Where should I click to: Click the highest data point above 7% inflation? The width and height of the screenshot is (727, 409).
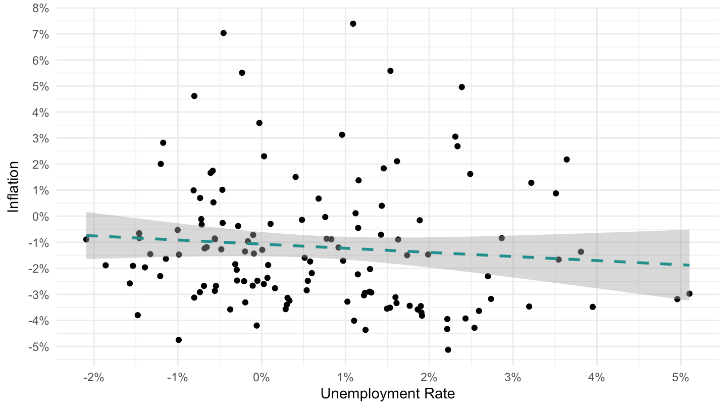(353, 24)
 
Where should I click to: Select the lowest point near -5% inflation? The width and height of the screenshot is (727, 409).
(448, 349)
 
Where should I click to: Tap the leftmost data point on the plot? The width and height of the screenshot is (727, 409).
(86, 239)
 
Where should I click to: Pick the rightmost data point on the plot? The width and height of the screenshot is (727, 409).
(689, 293)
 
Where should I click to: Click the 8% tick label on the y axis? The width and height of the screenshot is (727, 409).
(40, 9)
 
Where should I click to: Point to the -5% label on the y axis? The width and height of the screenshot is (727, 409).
(38, 347)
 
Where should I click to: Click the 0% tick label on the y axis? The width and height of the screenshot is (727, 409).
(40, 217)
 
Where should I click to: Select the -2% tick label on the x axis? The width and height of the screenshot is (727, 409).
(93, 378)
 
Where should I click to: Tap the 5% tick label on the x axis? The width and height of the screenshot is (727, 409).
(681, 378)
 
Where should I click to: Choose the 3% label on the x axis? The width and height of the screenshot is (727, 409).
(513, 378)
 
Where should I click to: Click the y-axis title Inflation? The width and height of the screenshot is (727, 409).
(13, 187)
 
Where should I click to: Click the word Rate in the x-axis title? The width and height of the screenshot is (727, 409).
(439, 394)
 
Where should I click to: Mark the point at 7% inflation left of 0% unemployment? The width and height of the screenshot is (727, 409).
(223, 33)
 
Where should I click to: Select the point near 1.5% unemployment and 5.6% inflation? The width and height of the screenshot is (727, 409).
(390, 71)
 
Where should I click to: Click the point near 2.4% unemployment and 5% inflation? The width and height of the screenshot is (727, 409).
(462, 87)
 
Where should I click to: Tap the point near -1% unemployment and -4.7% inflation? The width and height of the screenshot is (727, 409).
(179, 340)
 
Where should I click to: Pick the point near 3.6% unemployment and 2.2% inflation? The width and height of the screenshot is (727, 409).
(566, 160)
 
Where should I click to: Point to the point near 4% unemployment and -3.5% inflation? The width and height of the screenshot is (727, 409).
(593, 307)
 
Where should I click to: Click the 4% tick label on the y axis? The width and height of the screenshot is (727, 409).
(40, 113)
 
